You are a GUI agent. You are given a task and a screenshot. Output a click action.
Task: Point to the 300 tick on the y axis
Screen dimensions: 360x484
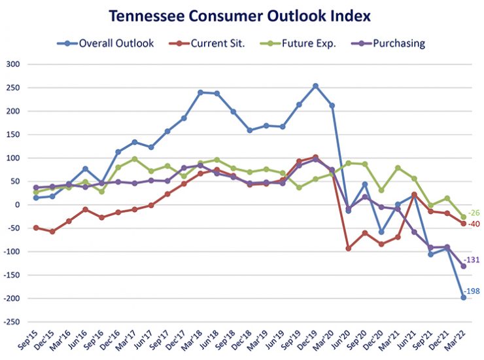[x=14, y=64]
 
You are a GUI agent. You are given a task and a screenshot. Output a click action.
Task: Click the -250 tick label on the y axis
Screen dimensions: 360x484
[x=12, y=322]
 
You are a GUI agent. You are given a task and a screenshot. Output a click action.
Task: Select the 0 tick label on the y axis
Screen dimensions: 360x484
[x=18, y=205]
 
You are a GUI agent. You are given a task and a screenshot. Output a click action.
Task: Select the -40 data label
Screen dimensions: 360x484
[x=473, y=225]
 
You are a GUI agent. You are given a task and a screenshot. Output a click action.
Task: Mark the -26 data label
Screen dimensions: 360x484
[x=473, y=213]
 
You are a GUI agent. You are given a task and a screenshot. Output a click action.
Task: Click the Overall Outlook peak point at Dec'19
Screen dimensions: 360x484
[x=316, y=86]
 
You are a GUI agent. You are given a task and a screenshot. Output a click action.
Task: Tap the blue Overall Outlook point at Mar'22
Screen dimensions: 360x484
[x=464, y=297]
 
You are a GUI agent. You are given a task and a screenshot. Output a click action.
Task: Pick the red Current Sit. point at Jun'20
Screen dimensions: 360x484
[x=349, y=249]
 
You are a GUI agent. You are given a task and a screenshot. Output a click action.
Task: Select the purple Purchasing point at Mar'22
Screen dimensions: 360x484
[x=464, y=266]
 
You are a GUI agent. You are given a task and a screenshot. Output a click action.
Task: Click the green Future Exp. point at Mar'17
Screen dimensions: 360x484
[x=135, y=159]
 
